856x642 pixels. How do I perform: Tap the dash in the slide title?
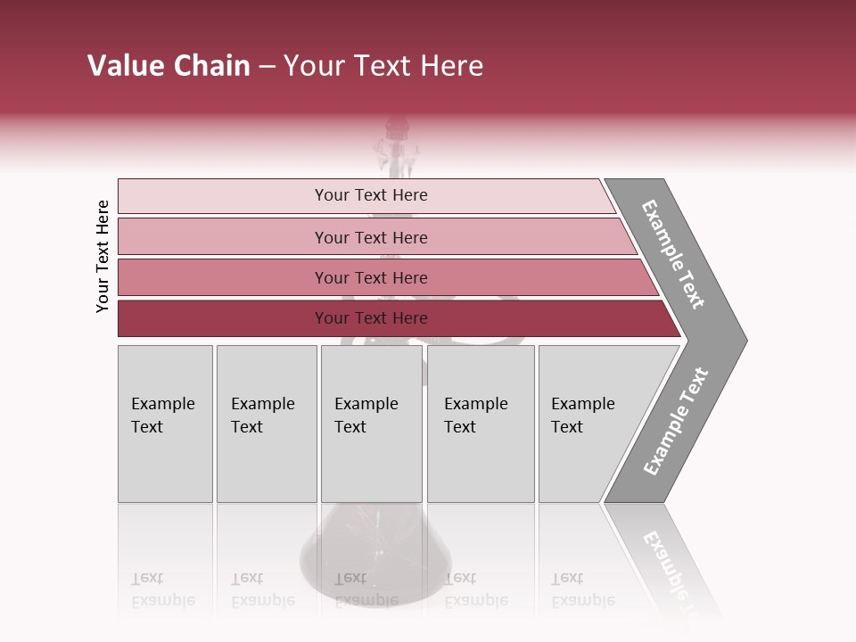(267, 67)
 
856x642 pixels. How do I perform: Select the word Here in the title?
(450, 66)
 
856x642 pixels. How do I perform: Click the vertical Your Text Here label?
(103, 256)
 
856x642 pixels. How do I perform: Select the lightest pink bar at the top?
(371, 195)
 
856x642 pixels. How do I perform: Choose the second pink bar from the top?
(371, 237)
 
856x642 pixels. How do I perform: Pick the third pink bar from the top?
(371, 277)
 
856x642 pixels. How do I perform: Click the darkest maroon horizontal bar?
(371, 318)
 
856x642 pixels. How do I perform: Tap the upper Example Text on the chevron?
(673, 254)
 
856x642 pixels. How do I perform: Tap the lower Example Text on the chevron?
(676, 422)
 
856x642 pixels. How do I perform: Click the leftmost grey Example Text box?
(165, 424)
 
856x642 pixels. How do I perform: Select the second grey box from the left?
(267, 424)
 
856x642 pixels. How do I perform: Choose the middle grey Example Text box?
(371, 424)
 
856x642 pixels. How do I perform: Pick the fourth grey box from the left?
(481, 424)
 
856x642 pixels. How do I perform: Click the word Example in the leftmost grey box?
(162, 404)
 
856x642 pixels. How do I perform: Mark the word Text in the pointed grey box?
(567, 427)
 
